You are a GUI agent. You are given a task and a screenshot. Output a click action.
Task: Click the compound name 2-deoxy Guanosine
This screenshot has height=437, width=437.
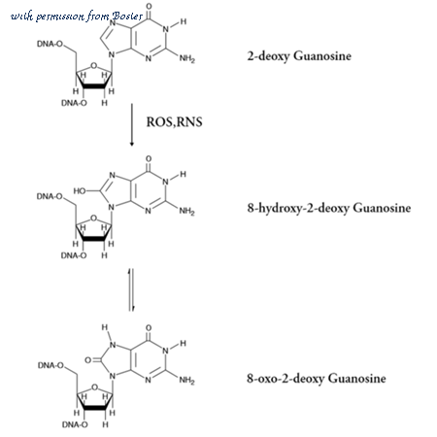click(x=299, y=56)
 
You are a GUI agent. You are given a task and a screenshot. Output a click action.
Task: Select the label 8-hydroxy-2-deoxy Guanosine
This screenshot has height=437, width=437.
click(x=329, y=208)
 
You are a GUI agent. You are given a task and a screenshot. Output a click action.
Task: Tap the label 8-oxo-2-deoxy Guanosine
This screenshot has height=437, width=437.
click(x=317, y=379)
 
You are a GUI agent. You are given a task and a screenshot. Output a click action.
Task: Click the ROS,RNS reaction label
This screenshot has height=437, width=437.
click(x=174, y=122)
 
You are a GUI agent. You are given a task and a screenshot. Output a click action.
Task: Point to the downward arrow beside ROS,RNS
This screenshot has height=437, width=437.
click(x=131, y=125)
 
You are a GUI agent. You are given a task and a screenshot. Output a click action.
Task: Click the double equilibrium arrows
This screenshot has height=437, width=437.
click(x=131, y=289)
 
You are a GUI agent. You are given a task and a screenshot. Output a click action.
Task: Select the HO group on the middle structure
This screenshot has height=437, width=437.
click(x=80, y=191)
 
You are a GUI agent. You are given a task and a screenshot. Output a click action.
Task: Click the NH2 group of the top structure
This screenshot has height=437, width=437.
click(x=187, y=58)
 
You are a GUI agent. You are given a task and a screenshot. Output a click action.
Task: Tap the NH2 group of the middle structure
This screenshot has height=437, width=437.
click(x=186, y=212)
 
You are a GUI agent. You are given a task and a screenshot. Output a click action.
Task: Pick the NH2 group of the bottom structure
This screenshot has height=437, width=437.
click(x=186, y=380)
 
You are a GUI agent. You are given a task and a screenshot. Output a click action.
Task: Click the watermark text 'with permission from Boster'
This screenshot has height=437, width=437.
click(x=77, y=16)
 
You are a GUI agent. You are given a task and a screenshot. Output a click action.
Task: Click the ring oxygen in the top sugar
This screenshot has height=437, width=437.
click(x=94, y=66)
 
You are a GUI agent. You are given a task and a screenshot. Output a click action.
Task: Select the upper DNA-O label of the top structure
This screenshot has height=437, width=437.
click(x=50, y=44)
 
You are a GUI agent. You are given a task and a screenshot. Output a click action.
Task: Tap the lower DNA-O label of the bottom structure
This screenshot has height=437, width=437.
click(x=75, y=424)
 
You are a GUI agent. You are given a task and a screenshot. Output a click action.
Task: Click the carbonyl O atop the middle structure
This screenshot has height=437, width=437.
click(x=149, y=159)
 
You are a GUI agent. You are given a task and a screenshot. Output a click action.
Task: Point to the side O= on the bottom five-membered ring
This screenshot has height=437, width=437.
click(x=89, y=360)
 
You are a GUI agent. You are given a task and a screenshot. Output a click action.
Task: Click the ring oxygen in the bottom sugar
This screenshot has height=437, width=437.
click(x=94, y=387)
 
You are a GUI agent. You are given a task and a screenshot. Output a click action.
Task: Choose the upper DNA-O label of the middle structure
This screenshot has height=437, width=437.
click(x=50, y=196)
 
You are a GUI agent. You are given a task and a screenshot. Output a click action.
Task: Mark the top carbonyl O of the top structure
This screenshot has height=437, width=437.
click(x=149, y=6)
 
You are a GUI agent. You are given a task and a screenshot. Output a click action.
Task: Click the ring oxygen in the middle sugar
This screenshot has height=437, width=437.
click(x=94, y=218)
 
